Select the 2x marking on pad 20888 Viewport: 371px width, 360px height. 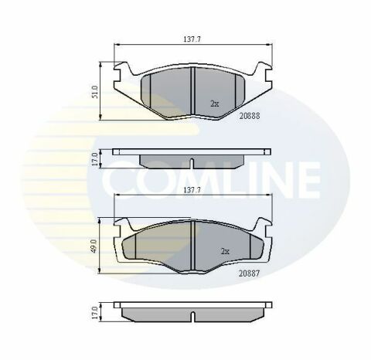tap(215, 102)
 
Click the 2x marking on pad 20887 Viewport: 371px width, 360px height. tap(225, 251)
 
